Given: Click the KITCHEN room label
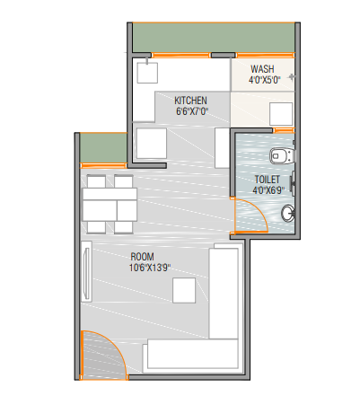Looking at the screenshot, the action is pos(190,101).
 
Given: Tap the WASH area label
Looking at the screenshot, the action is pos(262,69).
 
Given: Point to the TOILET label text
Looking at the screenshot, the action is pos(268,180).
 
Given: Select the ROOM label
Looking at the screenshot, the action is pos(143,257).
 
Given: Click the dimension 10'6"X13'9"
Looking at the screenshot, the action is pos(150,268).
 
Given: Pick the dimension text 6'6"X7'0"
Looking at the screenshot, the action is pos(192,111).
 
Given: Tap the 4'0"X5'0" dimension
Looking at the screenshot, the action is pos(265,80).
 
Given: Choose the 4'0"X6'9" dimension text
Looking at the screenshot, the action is pos(268,190).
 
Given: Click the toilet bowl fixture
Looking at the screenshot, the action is pos(283,156).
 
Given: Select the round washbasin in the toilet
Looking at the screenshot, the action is pos(288,214).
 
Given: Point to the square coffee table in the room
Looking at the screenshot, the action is pos(184,290).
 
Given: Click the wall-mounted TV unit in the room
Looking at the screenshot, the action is pos(86,271).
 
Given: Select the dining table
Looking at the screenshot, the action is pos(110,205).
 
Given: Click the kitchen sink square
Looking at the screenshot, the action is pos(147,73).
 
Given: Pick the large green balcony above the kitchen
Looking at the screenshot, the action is pos(214,38).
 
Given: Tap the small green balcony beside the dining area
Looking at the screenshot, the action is pos(103,148).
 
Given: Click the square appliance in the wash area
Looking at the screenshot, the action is pos(281,114).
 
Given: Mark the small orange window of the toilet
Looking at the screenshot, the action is pos(284,130).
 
